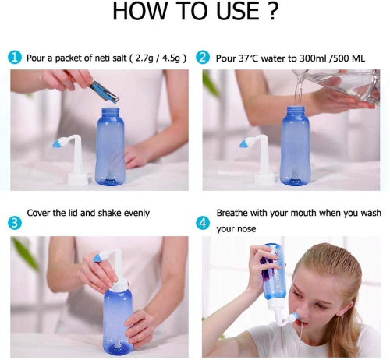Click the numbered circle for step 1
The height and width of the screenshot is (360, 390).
click(14, 58)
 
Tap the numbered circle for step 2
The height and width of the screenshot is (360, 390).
click(203, 58)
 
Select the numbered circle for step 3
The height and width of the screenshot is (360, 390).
click(14, 223)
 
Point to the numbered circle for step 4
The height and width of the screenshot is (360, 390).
click(203, 223)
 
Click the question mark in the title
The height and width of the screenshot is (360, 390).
click(272, 11)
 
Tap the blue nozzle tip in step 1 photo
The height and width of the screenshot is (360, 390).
click(59, 143)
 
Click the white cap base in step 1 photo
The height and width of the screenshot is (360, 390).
click(78, 179)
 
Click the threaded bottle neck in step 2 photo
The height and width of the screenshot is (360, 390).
click(296, 111)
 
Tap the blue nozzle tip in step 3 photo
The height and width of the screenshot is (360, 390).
click(99, 258)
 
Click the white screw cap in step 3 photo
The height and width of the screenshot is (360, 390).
click(119, 284)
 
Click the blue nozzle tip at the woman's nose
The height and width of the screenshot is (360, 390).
click(293, 318)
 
